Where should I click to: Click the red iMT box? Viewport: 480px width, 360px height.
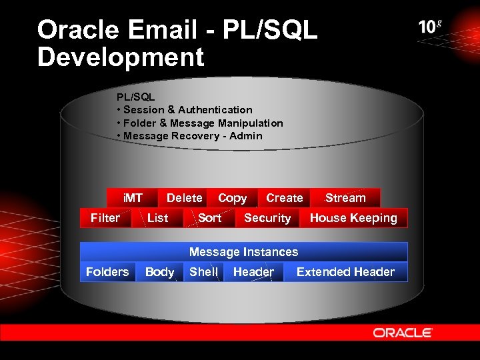pyautogui.click(x=133, y=198)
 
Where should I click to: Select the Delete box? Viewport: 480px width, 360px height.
pyautogui.click(x=184, y=198)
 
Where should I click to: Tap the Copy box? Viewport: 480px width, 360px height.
pyautogui.click(x=232, y=198)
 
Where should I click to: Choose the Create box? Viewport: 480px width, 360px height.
pyautogui.click(x=284, y=198)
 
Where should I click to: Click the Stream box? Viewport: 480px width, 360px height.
pyautogui.click(x=345, y=198)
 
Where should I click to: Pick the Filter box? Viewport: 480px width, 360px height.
pyautogui.click(x=105, y=218)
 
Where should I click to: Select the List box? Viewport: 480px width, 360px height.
pyautogui.click(x=157, y=218)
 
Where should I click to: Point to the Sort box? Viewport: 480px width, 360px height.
pyautogui.click(x=209, y=218)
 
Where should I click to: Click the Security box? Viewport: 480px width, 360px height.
pyautogui.click(x=267, y=218)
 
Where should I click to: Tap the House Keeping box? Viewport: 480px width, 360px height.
pyautogui.click(x=353, y=218)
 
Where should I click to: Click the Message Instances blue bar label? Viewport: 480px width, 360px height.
pyautogui.click(x=243, y=252)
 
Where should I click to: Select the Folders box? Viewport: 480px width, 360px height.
pyautogui.click(x=107, y=272)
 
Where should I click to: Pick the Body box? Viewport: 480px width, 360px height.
pyautogui.click(x=159, y=272)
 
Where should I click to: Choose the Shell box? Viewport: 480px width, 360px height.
pyautogui.click(x=203, y=272)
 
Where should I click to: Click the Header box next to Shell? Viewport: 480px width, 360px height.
pyautogui.click(x=253, y=272)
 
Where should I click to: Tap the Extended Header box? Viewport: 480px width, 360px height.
pyautogui.click(x=345, y=272)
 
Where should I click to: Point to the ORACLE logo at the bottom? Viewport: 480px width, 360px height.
pyautogui.click(x=403, y=333)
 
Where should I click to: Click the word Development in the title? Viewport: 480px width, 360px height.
pyautogui.click(x=121, y=57)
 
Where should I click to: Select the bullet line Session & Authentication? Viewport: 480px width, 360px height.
pyautogui.click(x=187, y=110)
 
